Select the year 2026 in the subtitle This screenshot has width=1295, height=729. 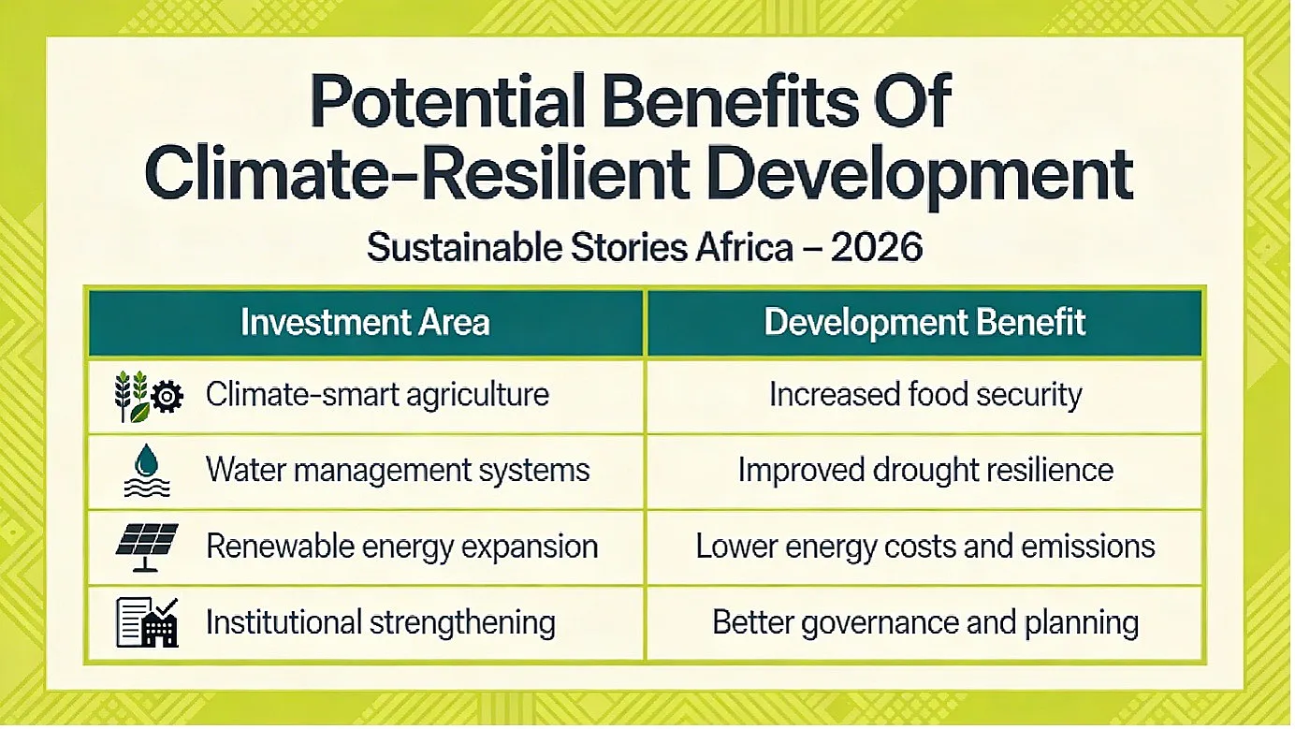(x=877, y=247)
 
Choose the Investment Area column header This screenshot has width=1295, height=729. (x=365, y=322)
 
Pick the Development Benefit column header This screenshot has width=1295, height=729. (x=925, y=322)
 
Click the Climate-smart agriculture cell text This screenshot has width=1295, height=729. (x=377, y=396)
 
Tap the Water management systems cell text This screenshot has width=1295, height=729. (x=398, y=471)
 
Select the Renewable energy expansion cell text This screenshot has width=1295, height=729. (x=401, y=547)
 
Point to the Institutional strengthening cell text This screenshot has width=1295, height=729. (x=381, y=623)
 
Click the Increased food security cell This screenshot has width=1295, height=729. (x=925, y=396)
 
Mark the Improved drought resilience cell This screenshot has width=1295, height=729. (x=925, y=471)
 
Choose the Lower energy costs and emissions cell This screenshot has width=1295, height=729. (x=925, y=547)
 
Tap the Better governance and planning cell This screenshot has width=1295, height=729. (x=925, y=623)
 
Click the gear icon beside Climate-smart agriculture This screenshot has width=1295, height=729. (x=167, y=397)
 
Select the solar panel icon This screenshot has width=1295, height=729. (x=147, y=547)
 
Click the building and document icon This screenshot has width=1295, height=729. (x=147, y=622)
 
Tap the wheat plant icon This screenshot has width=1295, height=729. (x=132, y=397)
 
